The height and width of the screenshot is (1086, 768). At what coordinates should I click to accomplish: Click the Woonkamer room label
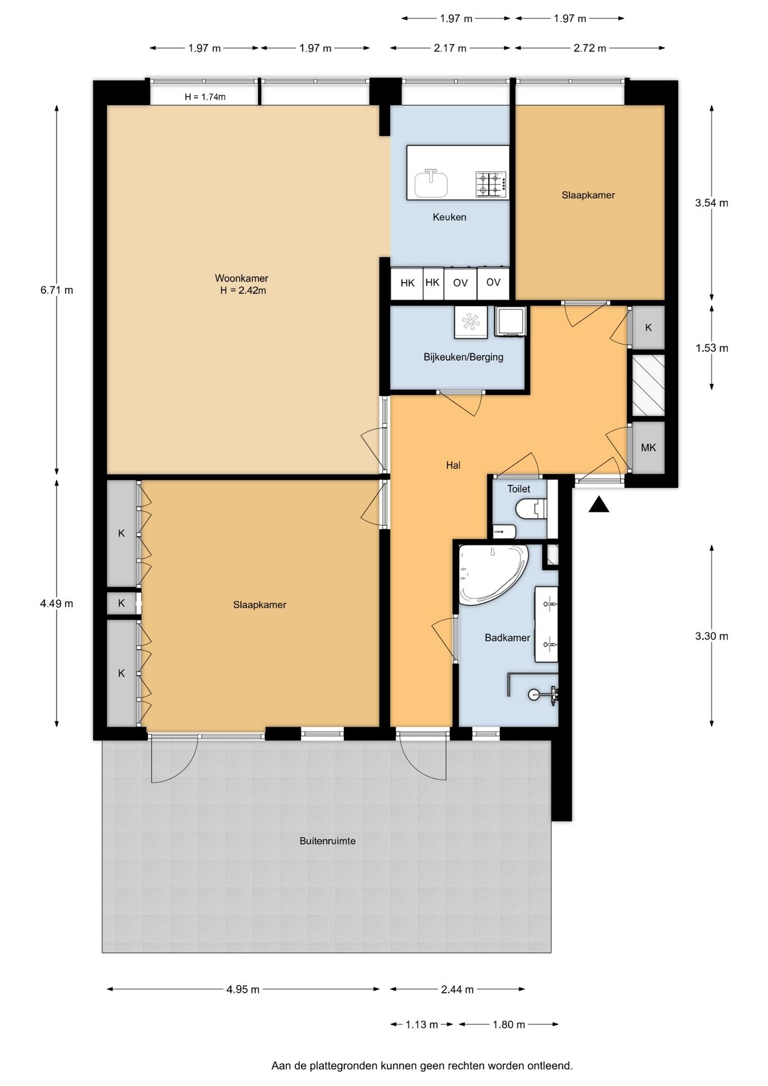pyautogui.click(x=241, y=278)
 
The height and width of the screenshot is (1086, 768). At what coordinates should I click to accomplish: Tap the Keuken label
pyautogui.click(x=450, y=217)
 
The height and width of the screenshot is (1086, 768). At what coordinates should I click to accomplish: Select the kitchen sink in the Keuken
pyautogui.click(x=431, y=183)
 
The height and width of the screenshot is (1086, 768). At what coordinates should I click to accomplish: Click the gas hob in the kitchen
pyautogui.click(x=490, y=184)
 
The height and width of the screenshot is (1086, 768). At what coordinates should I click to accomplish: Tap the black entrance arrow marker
pyautogui.click(x=599, y=505)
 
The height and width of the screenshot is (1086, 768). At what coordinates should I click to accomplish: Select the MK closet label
pyautogui.click(x=648, y=448)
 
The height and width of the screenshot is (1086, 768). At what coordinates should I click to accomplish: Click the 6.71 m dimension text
pyautogui.click(x=57, y=290)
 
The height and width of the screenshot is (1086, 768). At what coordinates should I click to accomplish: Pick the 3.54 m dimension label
pyautogui.click(x=711, y=202)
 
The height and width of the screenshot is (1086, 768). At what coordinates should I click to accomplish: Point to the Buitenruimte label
pyautogui.click(x=327, y=841)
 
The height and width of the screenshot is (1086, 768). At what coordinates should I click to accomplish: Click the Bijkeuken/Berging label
pyautogui.click(x=463, y=357)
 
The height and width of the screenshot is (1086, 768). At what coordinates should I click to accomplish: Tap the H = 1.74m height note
pyautogui.click(x=205, y=97)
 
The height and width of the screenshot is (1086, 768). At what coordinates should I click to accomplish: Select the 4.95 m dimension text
pyautogui.click(x=243, y=989)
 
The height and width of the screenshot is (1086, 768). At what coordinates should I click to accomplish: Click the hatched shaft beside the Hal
pyautogui.click(x=648, y=385)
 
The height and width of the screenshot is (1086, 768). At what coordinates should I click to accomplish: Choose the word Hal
pyautogui.click(x=453, y=466)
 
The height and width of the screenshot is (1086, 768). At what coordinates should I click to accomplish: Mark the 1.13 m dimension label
pyautogui.click(x=422, y=1024)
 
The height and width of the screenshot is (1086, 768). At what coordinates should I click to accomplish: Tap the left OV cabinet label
pyautogui.click(x=460, y=283)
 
